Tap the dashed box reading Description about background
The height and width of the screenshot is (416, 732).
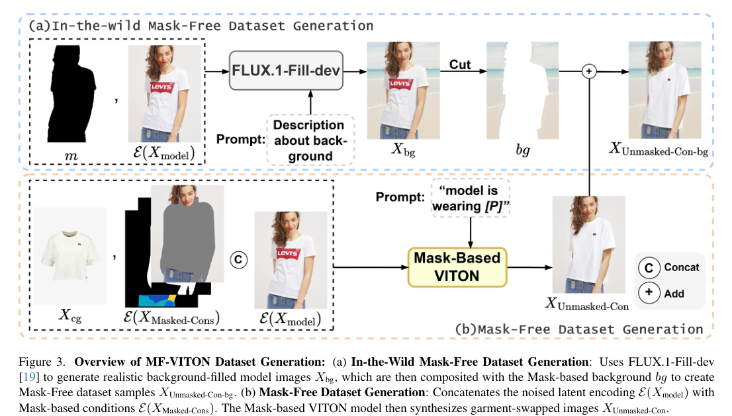coord(309,140)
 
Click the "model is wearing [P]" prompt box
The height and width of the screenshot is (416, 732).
coord(469,198)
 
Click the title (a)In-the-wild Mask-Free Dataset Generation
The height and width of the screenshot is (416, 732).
coord(201,26)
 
